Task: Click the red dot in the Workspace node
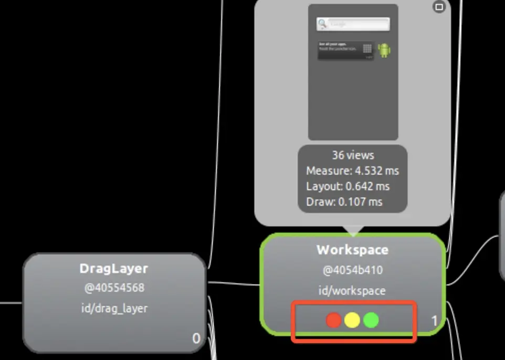coord(334,320)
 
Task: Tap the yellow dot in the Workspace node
coord(352,320)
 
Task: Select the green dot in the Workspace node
coord(371,320)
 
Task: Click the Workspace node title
coord(352,250)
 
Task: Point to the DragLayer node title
coord(114,269)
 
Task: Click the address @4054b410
coord(352,271)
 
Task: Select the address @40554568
coord(114,288)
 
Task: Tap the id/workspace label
coord(352,291)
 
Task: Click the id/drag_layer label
coord(114,308)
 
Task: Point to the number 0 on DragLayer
coord(196,338)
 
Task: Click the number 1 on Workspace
coord(435,321)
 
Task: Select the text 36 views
coord(353,155)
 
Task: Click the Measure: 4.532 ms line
coord(353,171)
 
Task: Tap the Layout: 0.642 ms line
coord(348,186)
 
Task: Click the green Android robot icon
coord(384,50)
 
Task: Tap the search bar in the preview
coord(353,24)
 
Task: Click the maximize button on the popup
coord(439,7)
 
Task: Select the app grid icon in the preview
coord(367,49)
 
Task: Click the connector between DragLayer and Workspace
coord(234,284)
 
